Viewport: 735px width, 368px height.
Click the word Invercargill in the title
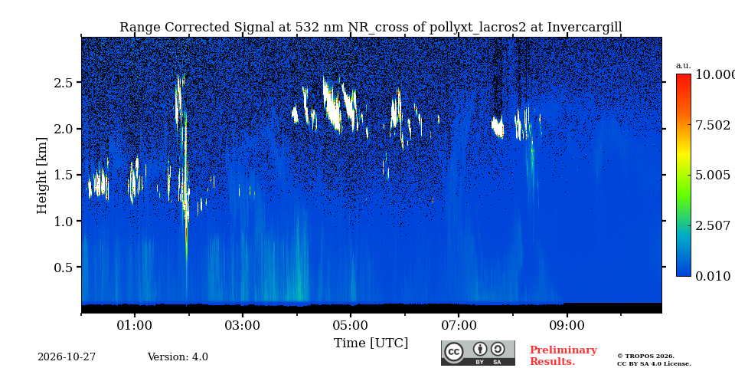[584, 28]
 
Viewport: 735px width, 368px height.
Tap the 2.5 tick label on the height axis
[64, 83]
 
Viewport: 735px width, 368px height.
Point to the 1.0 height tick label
[64, 221]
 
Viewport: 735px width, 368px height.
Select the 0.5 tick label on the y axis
[64, 268]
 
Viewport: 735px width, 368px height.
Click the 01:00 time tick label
[135, 325]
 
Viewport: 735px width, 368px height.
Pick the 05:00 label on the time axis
[351, 325]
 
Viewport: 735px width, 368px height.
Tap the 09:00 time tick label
[567, 325]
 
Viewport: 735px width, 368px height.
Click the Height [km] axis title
[42, 176]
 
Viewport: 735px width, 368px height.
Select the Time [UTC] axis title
[371, 343]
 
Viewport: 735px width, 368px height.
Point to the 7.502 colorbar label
[713, 125]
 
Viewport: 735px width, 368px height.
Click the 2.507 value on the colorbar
[713, 225]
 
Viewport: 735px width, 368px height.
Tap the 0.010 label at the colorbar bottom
[713, 276]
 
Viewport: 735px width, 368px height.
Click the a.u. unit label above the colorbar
[684, 66]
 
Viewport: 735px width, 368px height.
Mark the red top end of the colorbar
[684, 76]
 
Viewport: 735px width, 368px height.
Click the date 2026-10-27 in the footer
[67, 357]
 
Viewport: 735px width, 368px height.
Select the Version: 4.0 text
[178, 357]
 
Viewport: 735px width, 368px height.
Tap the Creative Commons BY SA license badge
[478, 353]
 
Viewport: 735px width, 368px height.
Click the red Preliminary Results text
[563, 356]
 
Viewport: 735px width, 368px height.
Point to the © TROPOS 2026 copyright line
[645, 356]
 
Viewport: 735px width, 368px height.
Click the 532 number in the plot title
[305, 28]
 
